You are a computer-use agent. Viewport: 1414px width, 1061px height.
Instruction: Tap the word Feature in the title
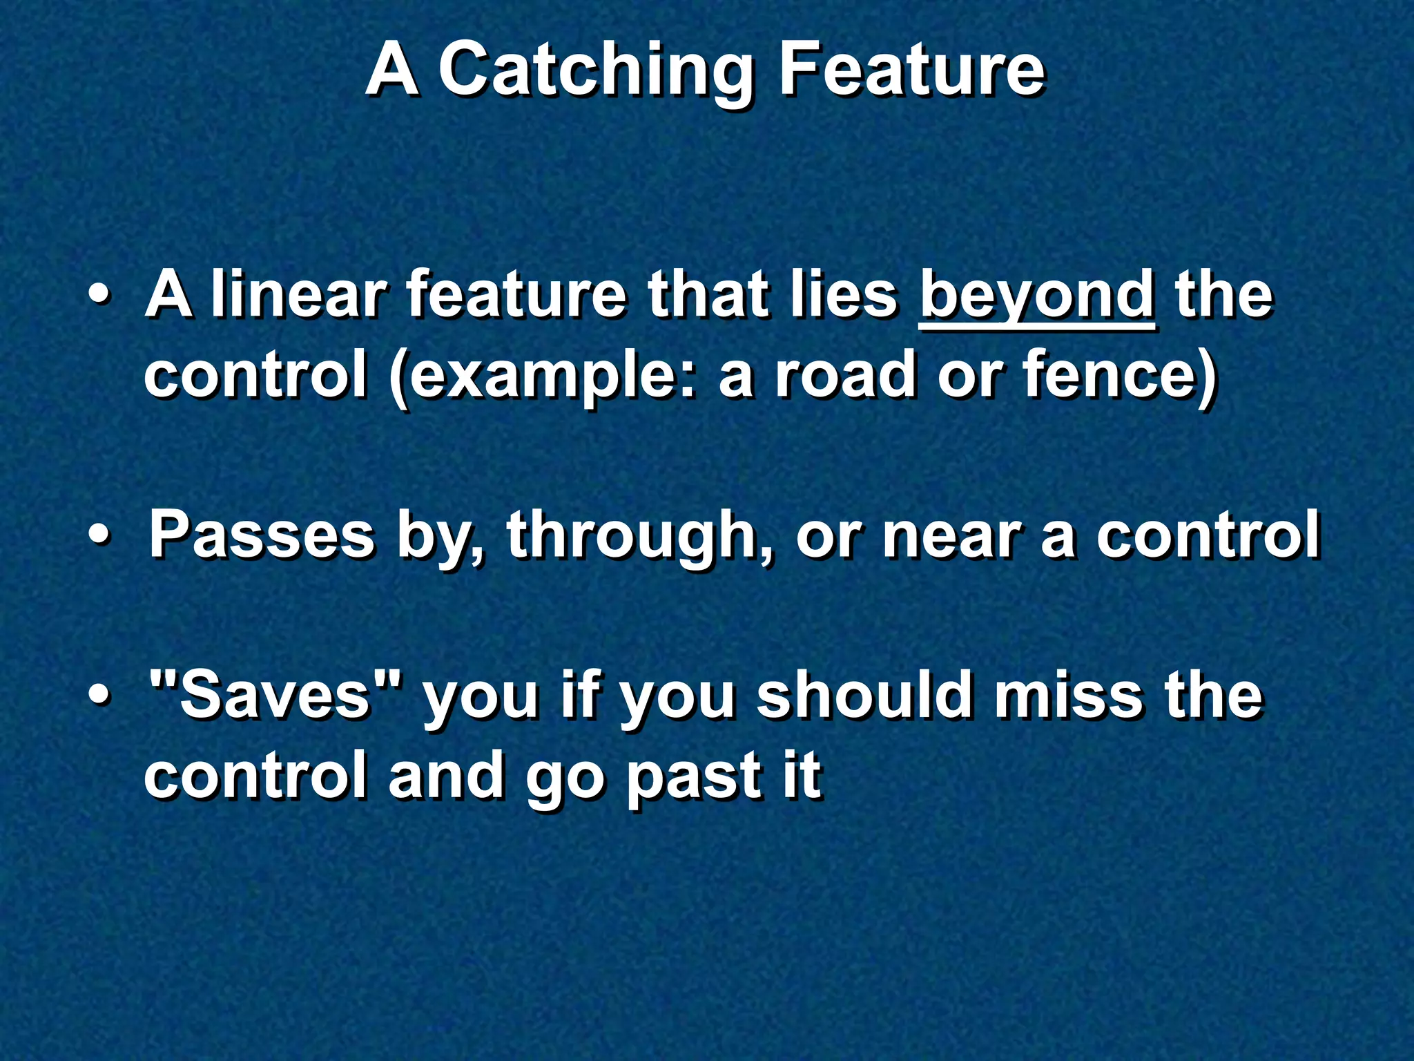pyautogui.click(x=911, y=70)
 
